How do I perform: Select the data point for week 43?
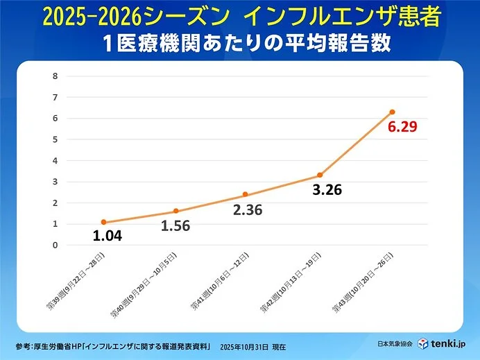392,112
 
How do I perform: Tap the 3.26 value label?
327,189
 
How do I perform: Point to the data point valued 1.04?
103,222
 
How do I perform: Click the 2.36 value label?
248,209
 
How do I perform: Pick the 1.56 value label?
175,225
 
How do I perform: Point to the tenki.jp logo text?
456,344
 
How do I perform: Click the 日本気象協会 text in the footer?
397,345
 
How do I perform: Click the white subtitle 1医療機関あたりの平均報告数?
239,43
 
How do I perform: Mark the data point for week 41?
245,194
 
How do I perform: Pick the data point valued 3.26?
320,175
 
